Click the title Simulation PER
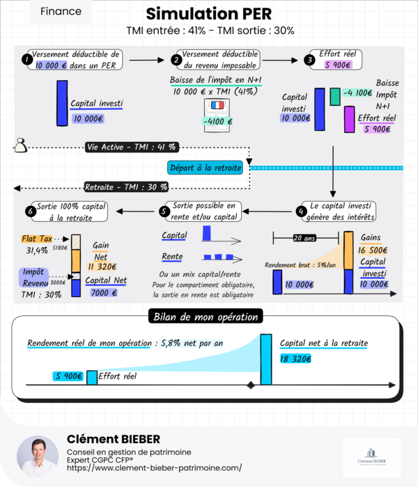pos(209,14)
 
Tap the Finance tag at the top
pos(61,12)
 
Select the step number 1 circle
pos(26,61)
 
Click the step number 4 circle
pos(301,211)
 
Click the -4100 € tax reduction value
pos(216,122)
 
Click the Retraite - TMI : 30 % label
pos(126,186)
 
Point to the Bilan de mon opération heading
pos(206,317)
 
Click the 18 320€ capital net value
pos(295,359)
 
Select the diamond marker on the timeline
pos(251,385)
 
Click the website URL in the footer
pos(155,468)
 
